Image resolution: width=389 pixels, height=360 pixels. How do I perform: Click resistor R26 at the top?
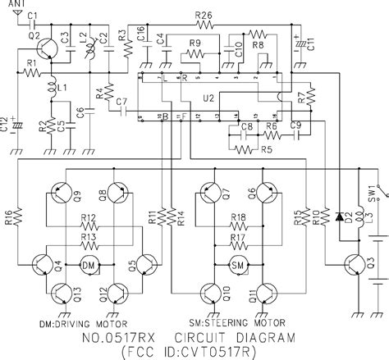[x=204, y=16]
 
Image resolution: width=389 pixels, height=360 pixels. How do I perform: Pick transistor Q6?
[x=265, y=195]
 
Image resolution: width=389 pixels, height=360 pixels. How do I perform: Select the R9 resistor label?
[x=194, y=43]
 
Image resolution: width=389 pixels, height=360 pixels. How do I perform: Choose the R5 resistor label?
[x=266, y=149]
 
